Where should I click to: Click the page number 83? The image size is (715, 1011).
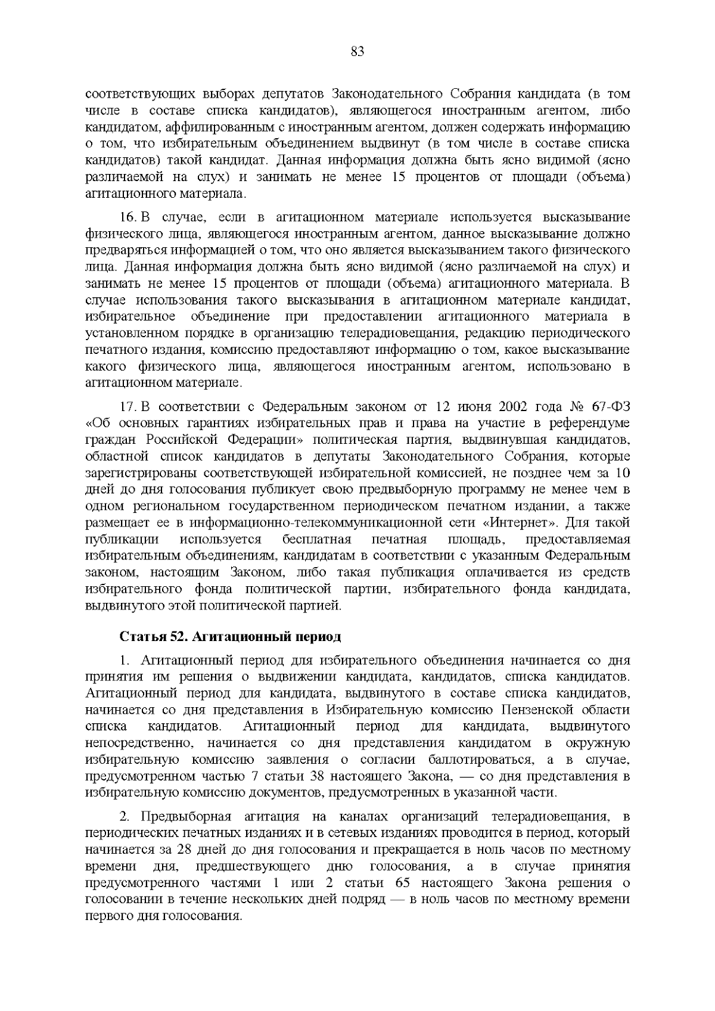tap(357, 51)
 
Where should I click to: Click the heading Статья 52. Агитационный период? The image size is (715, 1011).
tap(231, 637)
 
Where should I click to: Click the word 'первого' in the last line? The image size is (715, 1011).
tap(106, 916)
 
